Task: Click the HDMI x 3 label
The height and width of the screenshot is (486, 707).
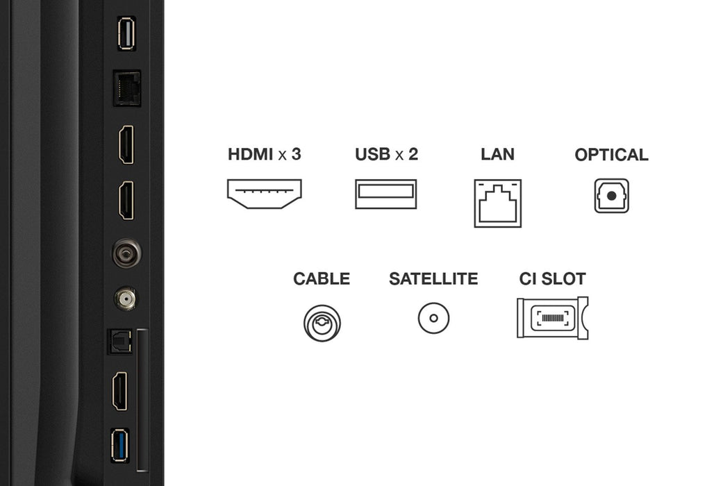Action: pyautogui.click(x=264, y=154)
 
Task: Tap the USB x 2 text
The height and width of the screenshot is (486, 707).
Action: pyautogui.click(x=386, y=154)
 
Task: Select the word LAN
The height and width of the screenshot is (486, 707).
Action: pyautogui.click(x=497, y=154)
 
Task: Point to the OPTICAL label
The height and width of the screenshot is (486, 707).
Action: pyautogui.click(x=611, y=155)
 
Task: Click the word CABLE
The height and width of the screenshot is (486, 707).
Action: pyautogui.click(x=322, y=279)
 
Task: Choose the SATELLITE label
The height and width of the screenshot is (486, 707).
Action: pyautogui.click(x=433, y=279)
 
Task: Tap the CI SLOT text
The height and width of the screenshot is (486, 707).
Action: pyautogui.click(x=552, y=279)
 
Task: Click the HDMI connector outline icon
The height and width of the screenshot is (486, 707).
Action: pyautogui.click(x=264, y=194)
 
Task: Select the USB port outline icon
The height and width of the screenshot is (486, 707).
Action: pyautogui.click(x=386, y=194)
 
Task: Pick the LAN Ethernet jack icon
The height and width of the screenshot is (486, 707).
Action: pyautogui.click(x=497, y=203)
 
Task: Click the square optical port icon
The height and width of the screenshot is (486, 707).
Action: pyautogui.click(x=611, y=196)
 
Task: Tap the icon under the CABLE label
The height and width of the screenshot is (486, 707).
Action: pyautogui.click(x=322, y=322)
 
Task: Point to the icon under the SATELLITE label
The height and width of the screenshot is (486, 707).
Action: pyautogui.click(x=433, y=319)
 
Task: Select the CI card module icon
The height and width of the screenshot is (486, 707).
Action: pyautogui.click(x=552, y=318)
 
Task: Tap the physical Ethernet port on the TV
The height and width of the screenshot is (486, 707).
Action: pyautogui.click(x=126, y=88)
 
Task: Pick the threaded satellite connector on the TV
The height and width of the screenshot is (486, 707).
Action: pyautogui.click(x=125, y=299)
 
